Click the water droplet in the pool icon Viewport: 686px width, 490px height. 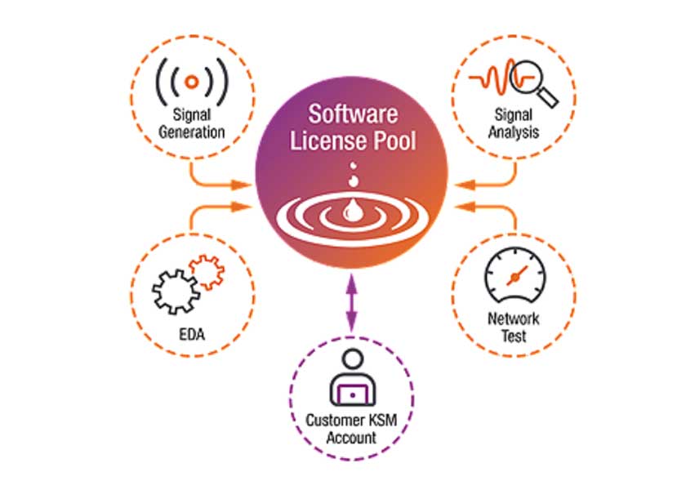(351, 211)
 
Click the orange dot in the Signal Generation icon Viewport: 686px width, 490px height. (191, 82)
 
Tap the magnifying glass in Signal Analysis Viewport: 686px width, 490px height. (530, 82)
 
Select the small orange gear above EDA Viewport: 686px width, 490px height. (206, 271)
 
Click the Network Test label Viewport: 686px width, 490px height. (514, 327)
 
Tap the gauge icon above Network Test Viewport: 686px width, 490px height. (513, 278)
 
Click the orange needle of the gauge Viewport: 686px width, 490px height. (516, 275)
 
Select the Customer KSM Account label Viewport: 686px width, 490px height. (352, 430)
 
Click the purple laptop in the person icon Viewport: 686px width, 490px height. (352, 394)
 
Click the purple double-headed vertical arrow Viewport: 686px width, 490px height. (352, 302)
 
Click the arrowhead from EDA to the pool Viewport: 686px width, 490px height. (242, 207)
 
